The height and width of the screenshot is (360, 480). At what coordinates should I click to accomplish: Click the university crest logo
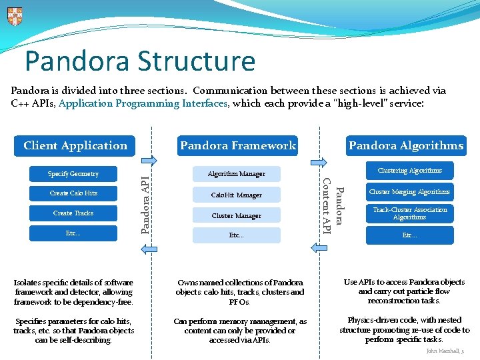coord(15,16)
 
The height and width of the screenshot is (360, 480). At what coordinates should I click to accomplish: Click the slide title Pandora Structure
coord(140,61)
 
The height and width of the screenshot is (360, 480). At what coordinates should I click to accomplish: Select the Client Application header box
coord(75,145)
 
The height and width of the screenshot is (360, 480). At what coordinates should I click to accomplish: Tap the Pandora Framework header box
coord(237,145)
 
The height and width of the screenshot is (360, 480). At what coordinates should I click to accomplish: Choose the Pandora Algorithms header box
coord(406,145)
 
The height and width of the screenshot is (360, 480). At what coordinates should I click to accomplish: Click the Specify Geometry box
coord(73,174)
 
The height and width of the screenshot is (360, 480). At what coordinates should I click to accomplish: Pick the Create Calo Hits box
coord(73,193)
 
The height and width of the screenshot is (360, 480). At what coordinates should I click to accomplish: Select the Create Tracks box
coord(73,213)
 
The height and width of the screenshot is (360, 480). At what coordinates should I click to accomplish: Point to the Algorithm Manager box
coord(236,174)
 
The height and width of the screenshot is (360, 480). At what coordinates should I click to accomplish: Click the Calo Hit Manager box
coord(236,195)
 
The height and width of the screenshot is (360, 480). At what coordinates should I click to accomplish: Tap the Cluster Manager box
coord(236,216)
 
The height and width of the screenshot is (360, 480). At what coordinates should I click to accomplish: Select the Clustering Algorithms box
coord(409,171)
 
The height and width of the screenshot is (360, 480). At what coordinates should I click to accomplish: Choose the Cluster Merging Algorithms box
coord(409,192)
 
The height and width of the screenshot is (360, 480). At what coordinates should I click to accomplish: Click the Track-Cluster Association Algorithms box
coord(409,213)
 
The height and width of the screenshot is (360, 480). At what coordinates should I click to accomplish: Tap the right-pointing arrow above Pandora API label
coord(151,160)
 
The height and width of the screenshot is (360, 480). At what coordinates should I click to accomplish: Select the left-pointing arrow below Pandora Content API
coord(318,247)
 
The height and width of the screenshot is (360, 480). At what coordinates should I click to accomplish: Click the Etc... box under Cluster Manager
coord(236,235)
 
